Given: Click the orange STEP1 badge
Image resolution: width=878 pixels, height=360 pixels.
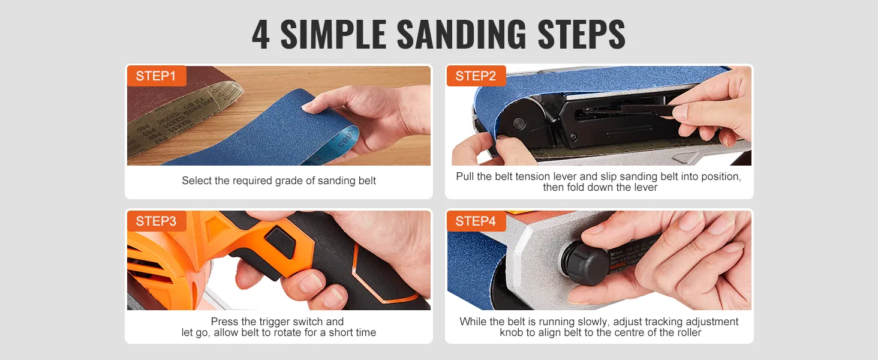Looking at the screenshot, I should click(x=156, y=76).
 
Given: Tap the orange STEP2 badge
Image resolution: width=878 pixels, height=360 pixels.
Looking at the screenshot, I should click(x=476, y=76).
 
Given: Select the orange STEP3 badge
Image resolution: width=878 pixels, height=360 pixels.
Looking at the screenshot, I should click(x=156, y=221).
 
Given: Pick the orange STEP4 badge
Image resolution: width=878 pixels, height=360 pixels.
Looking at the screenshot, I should click(x=476, y=221).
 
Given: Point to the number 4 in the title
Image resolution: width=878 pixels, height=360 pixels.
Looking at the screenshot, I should click(x=260, y=35).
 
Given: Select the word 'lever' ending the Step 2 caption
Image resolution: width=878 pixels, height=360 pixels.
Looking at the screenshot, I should click(x=645, y=187).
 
